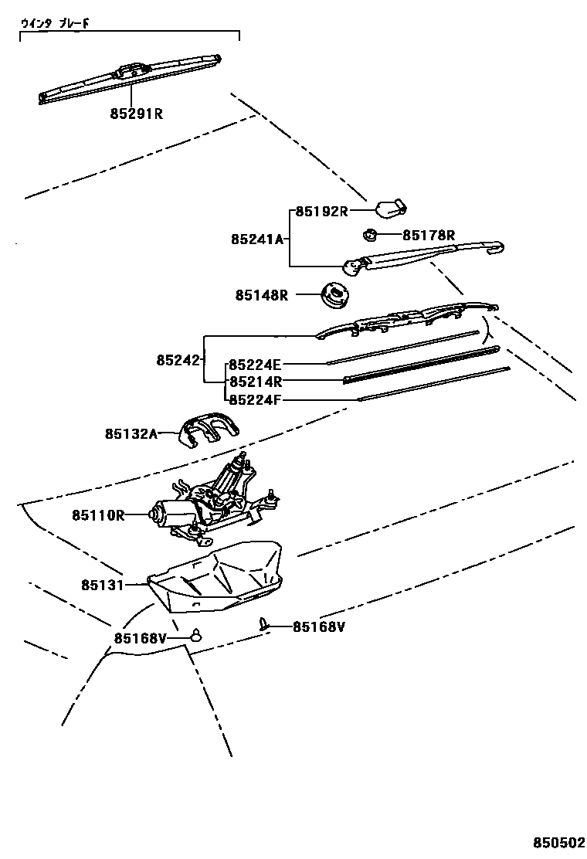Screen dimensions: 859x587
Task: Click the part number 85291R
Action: [x=136, y=114]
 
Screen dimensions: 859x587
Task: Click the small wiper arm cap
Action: [x=391, y=207]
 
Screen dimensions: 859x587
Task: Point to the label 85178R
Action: [x=429, y=235]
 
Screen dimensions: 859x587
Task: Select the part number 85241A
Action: [x=257, y=239]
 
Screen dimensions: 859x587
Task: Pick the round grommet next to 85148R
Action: [x=334, y=294]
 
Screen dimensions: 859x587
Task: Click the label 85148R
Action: [x=263, y=295]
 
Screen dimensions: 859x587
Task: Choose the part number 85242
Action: [x=178, y=359]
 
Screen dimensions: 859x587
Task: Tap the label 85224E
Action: [x=256, y=363]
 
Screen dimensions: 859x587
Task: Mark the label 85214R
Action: [x=256, y=381]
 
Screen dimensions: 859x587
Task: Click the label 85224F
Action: [x=256, y=399]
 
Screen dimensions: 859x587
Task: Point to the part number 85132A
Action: [x=131, y=434]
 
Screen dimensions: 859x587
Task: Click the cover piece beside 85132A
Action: [x=208, y=429]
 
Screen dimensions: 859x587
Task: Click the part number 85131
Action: [x=102, y=585]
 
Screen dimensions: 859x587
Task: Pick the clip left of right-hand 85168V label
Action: [x=265, y=624]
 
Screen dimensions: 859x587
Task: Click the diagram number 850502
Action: [x=558, y=842]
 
